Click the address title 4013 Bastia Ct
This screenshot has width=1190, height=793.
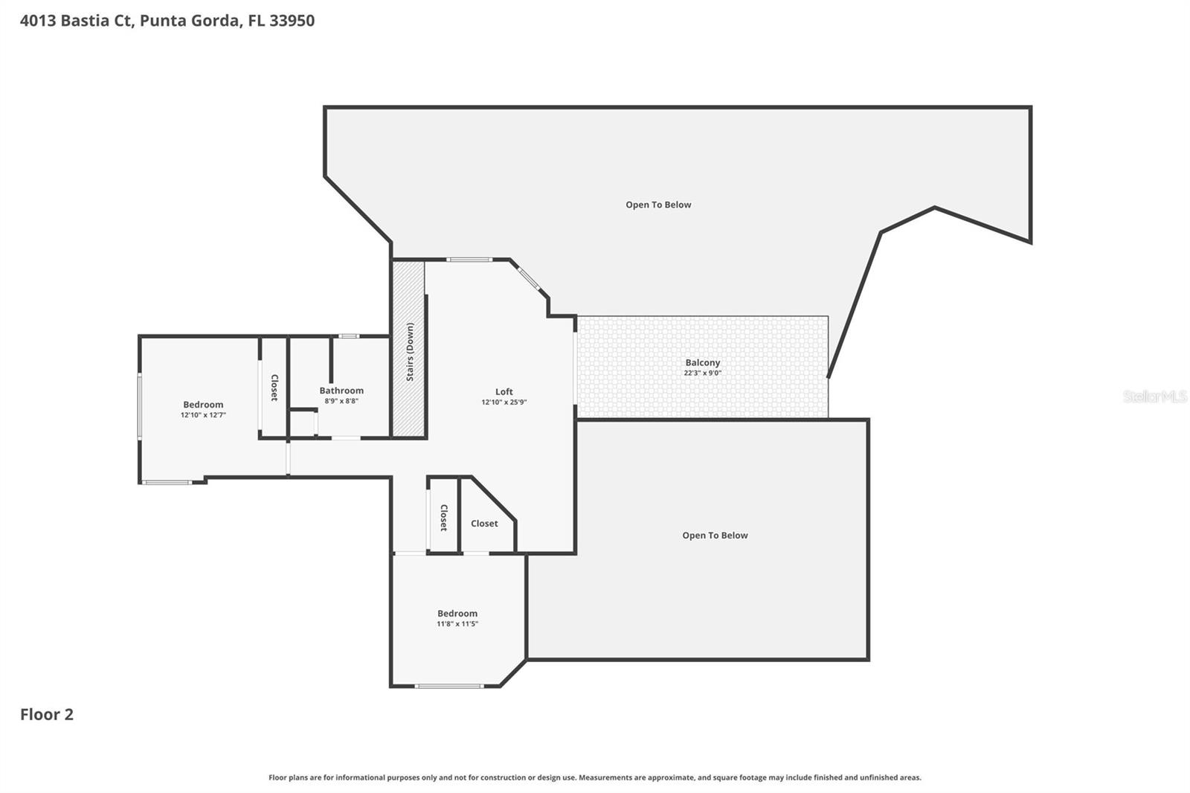pyautogui.click(x=167, y=20)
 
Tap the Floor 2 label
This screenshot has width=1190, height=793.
pyautogui.click(x=47, y=714)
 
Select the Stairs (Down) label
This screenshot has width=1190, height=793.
pyautogui.click(x=410, y=351)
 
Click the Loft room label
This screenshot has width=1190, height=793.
pyautogui.click(x=504, y=391)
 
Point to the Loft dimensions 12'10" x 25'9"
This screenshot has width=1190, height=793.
pyautogui.click(x=504, y=402)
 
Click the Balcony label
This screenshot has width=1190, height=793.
pyautogui.click(x=703, y=362)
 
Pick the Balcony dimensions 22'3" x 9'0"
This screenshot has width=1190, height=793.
pyautogui.click(x=703, y=373)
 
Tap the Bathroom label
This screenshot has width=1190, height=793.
pyautogui.click(x=341, y=390)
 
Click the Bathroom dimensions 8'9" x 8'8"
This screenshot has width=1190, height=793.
pyautogui.click(x=341, y=401)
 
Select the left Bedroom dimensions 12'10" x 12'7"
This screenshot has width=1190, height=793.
pyautogui.click(x=203, y=415)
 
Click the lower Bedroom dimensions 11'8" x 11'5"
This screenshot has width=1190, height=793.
pyautogui.click(x=457, y=624)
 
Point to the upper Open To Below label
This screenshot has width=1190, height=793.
pyautogui.click(x=658, y=205)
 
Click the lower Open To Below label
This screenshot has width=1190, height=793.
pyautogui.click(x=715, y=535)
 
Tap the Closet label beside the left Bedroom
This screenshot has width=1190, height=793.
pyautogui.click(x=274, y=388)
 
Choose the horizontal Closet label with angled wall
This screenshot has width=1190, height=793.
pyautogui.click(x=484, y=523)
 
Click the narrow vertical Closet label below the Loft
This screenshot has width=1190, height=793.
pyautogui.click(x=444, y=517)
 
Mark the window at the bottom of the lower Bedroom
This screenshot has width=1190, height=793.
pyautogui.click(x=449, y=686)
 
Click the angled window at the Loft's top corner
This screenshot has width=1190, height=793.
pyautogui.click(x=529, y=277)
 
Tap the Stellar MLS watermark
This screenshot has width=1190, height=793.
pyautogui.click(x=1154, y=396)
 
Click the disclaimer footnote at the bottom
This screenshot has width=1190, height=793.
pyautogui.click(x=594, y=777)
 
